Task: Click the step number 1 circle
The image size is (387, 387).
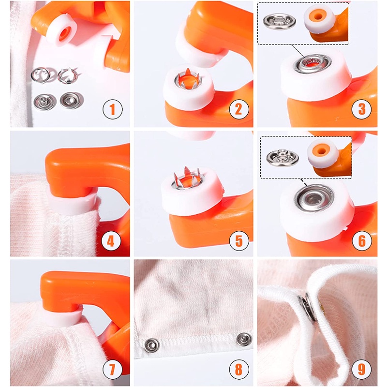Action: click(x=113, y=109)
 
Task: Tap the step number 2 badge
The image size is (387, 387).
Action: click(x=239, y=109)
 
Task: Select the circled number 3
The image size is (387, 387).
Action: click(x=361, y=109)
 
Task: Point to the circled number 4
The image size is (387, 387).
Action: click(x=111, y=240)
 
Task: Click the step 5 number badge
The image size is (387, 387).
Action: click(x=239, y=240)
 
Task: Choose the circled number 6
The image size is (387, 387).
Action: click(x=361, y=240)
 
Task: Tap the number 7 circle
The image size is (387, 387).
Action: click(x=113, y=370)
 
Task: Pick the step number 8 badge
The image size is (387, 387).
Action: click(x=239, y=370)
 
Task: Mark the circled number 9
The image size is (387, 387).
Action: click(x=361, y=370)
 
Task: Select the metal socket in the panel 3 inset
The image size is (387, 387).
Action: click(x=279, y=21)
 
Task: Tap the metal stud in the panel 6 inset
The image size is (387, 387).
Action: click(x=283, y=157)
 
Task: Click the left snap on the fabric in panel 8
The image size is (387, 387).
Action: click(x=151, y=345)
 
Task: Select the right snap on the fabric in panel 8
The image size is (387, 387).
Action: click(x=244, y=339)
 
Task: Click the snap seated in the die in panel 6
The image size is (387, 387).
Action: click(x=314, y=198)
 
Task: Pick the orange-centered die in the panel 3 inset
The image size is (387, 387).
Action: click(x=320, y=19)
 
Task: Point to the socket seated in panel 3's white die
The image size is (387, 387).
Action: click(x=312, y=64)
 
